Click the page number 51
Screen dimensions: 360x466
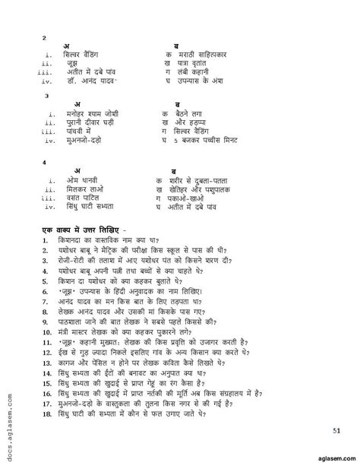[x=336, y=432]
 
